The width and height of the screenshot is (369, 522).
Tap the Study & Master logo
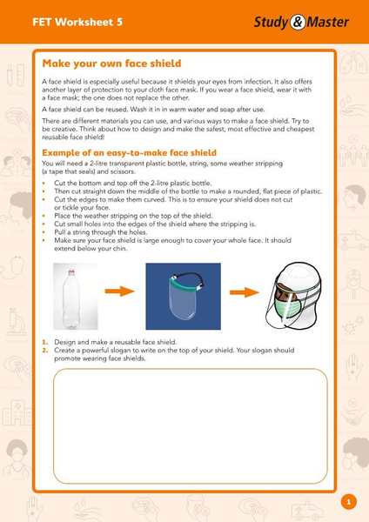pos(301,22)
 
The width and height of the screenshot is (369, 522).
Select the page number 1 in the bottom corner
pos(348,502)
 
